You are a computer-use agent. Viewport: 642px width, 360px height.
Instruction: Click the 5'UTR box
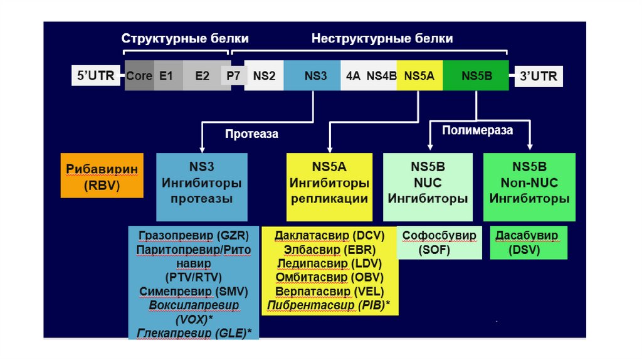click(95, 77)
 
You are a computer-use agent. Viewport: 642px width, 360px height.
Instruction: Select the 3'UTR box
click(538, 77)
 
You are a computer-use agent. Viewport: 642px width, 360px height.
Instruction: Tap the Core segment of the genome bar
click(139, 77)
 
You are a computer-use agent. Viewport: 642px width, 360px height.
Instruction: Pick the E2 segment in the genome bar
click(202, 77)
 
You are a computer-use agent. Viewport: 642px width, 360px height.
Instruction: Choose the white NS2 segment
click(264, 77)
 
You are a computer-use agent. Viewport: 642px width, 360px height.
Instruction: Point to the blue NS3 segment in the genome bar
click(312, 77)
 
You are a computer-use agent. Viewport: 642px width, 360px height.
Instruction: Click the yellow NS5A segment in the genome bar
click(419, 77)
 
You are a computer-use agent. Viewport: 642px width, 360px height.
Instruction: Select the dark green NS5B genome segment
click(476, 77)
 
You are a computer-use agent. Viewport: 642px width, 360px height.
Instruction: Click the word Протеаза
click(251, 134)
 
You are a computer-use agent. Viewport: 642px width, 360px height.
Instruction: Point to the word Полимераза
click(477, 130)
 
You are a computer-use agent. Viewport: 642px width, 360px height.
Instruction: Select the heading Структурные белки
click(185, 39)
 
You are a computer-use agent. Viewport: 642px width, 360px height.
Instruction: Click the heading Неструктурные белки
click(382, 39)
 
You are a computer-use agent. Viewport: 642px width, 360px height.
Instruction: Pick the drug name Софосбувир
click(439, 236)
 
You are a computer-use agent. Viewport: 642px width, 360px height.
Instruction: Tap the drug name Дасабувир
click(527, 236)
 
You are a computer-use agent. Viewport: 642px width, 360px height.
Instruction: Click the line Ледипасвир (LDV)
click(329, 263)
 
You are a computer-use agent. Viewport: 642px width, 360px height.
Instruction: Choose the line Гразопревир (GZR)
click(194, 236)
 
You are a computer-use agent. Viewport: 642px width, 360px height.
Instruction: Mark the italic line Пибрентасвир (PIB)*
click(329, 305)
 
